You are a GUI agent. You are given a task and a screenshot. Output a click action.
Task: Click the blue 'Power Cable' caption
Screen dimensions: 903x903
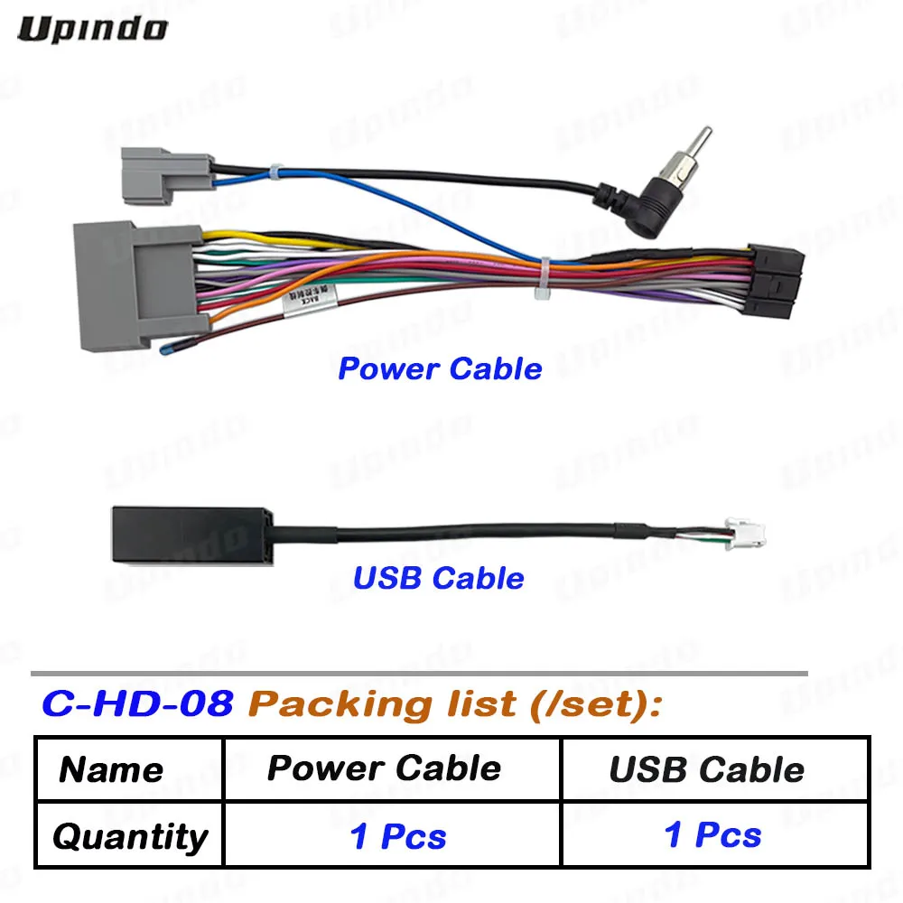click(x=440, y=368)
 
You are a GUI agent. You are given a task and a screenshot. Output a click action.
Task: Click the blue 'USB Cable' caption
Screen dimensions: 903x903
click(x=438, y=577)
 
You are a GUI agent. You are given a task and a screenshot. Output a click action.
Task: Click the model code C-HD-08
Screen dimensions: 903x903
click(x=137, y=703)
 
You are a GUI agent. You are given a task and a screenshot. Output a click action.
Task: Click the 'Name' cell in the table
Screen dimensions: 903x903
click(x=111, y=769)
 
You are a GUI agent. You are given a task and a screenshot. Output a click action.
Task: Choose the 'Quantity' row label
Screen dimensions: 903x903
click(x=129, y=836)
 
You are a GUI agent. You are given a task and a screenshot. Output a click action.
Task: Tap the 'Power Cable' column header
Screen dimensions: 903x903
click(x=384, y=768)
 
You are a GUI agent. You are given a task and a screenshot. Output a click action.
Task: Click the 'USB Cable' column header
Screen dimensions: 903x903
click(x=706, y=769)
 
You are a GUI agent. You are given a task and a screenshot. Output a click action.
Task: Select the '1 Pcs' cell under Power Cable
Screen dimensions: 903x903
click(x=397, y=836)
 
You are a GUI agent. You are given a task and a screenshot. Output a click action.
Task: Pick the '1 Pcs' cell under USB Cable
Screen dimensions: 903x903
click(x=712, y=834)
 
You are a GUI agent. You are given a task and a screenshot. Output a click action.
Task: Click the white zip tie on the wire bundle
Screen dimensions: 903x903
click(x=544, y=280)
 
